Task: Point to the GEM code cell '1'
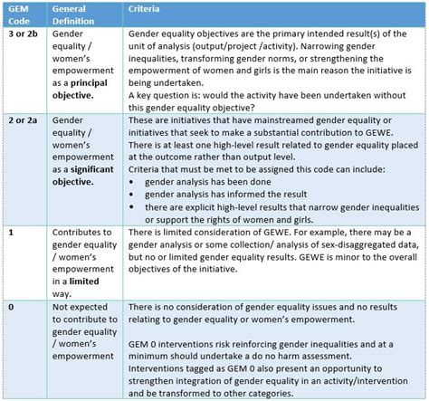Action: pyautogui.click(x=10, y=233)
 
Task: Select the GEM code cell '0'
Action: pyautogui.click(x=10, y=309)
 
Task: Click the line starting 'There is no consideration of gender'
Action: pyautogui.click(x=262, y=309)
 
